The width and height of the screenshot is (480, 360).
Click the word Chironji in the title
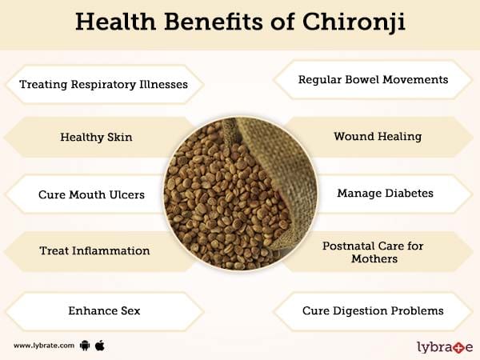click(354, 22)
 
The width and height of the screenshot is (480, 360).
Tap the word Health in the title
click(116, 22)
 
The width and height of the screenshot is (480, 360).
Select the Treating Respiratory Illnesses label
click(103, 85)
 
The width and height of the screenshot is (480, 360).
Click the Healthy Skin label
click(96, 137)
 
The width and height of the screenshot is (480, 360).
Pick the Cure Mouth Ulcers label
click(91, 194)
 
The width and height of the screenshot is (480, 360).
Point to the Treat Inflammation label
click(94, 251)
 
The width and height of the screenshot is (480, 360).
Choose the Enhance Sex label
click(104, 310)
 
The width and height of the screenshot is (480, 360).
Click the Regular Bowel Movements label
click(373, 79)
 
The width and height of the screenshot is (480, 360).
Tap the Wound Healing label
click(378, 137)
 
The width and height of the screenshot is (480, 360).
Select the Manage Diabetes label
click(385, 193)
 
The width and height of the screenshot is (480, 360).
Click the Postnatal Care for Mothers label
click(373, 252)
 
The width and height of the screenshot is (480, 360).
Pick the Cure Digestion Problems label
click(373, 310)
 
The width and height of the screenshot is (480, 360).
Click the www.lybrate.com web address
click(44, 346)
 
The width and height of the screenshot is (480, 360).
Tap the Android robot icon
click(85, 346)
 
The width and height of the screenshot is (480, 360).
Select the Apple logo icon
click(100, 346)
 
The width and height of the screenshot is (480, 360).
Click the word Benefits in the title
click(214, 22)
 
